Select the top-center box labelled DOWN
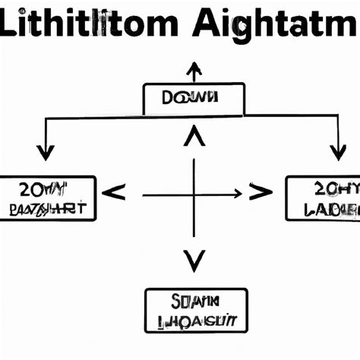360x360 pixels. tap(194, 99)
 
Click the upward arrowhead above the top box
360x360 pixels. tap(194, 70)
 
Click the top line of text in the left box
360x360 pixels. tap(49, 190)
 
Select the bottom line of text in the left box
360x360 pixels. tap(49, 208)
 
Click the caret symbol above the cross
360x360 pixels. tap(194, 139)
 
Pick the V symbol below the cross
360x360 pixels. tap(194, 261)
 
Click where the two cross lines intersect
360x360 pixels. tap(195, 196)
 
